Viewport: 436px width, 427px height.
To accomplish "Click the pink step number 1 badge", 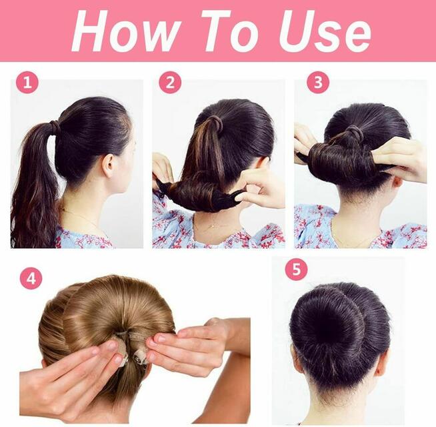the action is click(27, 82).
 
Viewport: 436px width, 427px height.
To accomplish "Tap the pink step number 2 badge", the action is click(170, 82).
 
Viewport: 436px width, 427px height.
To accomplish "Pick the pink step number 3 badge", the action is click(318, 82).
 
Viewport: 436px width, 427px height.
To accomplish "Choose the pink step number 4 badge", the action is click(31, 278).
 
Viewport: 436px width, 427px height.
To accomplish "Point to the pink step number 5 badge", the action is click(297, 270).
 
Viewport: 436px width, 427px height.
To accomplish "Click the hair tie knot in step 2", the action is click(215, 123).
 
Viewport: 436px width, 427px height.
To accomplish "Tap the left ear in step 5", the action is click(293, 353).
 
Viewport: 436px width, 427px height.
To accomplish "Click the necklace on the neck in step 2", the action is click(214, 226).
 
